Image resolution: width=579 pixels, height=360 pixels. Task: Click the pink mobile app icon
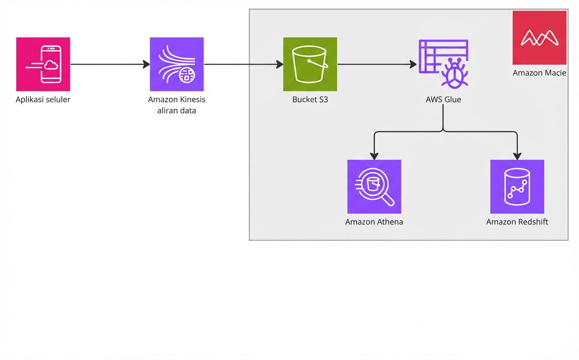coord(43,64)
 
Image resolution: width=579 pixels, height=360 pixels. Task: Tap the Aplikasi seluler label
coord(43,100)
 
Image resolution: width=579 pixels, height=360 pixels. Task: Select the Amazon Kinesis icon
coord(177,64)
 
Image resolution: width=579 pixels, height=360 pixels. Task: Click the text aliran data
coord(177,111)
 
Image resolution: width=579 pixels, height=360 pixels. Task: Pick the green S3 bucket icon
coord(310,64)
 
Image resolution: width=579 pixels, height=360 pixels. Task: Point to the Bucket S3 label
coord(310,100)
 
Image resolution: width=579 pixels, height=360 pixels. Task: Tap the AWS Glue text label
coord(443,100)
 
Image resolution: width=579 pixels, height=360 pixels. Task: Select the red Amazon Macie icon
coord(539,38)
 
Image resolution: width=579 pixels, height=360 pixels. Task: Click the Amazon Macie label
coord(539,73)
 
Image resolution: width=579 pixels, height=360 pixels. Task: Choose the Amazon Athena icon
coord(374,187)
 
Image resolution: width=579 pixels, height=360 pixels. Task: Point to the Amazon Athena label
coord(374,222)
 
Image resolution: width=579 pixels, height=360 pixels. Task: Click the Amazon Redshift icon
coord(517,187)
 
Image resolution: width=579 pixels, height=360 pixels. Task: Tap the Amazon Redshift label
coord(517,222)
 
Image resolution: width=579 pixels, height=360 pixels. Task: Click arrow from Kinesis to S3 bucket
coord(243,64)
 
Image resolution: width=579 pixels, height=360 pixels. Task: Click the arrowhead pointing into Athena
coord(374,156)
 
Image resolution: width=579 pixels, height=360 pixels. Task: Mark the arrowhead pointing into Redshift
coord(517,156)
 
